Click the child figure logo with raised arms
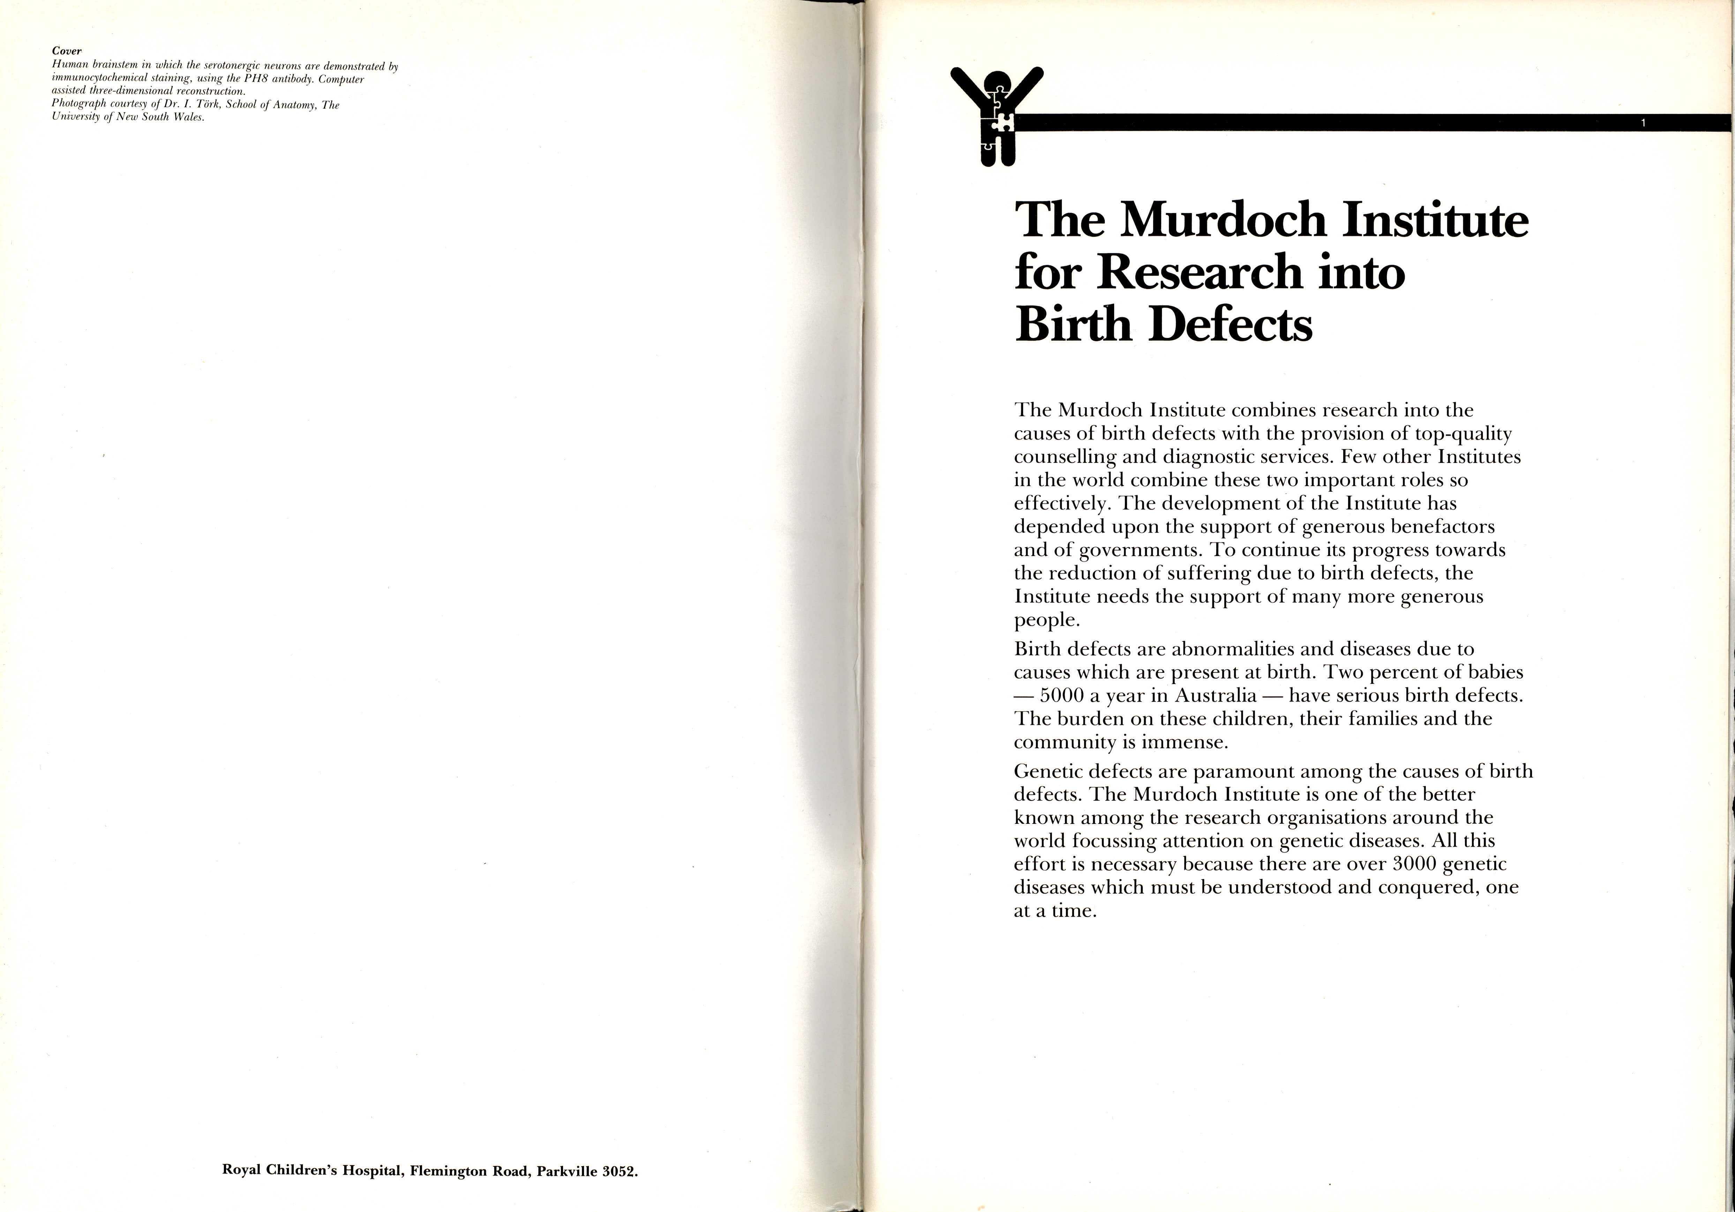[x=997, y=113]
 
